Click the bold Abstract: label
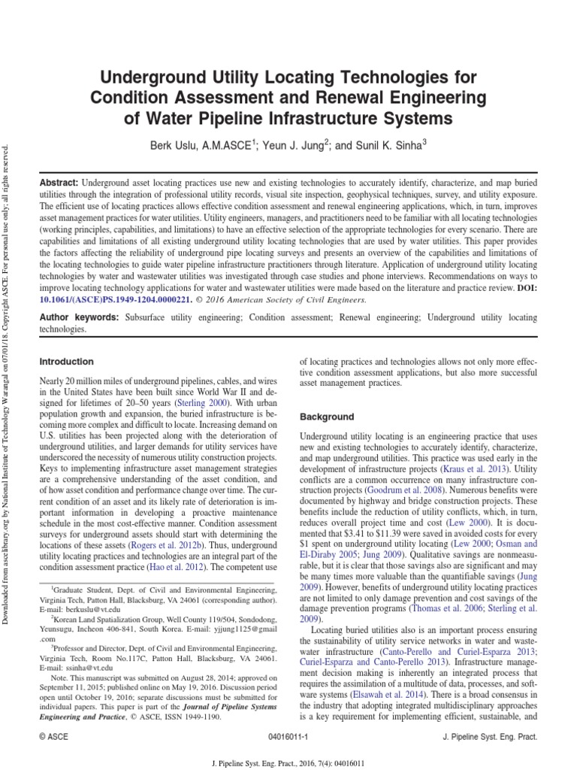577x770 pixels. coord(59,183)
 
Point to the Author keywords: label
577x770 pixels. coord(79,318)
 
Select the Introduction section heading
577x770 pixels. coord(66,362)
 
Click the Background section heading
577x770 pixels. coord(326,416)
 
